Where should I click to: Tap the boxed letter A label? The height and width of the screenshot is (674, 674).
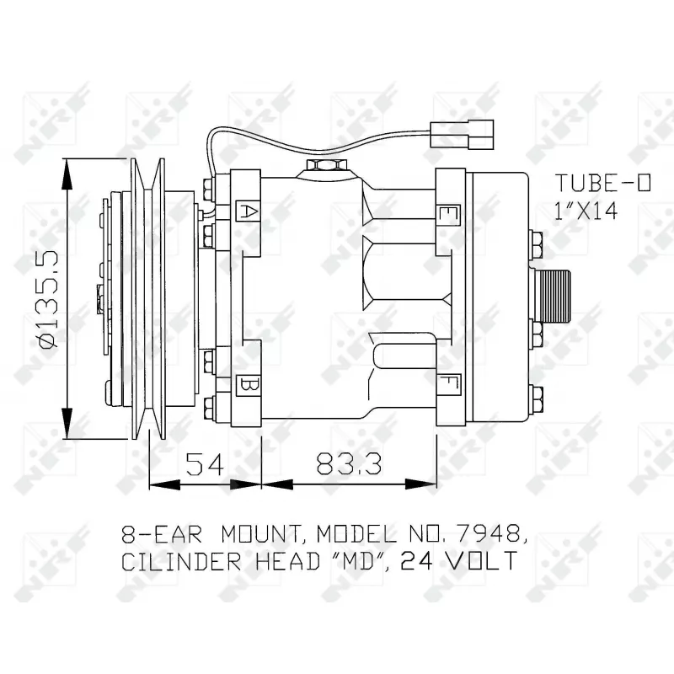(x=248, y=211)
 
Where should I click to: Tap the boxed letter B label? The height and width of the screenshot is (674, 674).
(x=248, y=386)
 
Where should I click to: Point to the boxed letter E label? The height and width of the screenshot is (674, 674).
(x=448, y=215)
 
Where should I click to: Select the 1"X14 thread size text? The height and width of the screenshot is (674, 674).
(x=587, y=211)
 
